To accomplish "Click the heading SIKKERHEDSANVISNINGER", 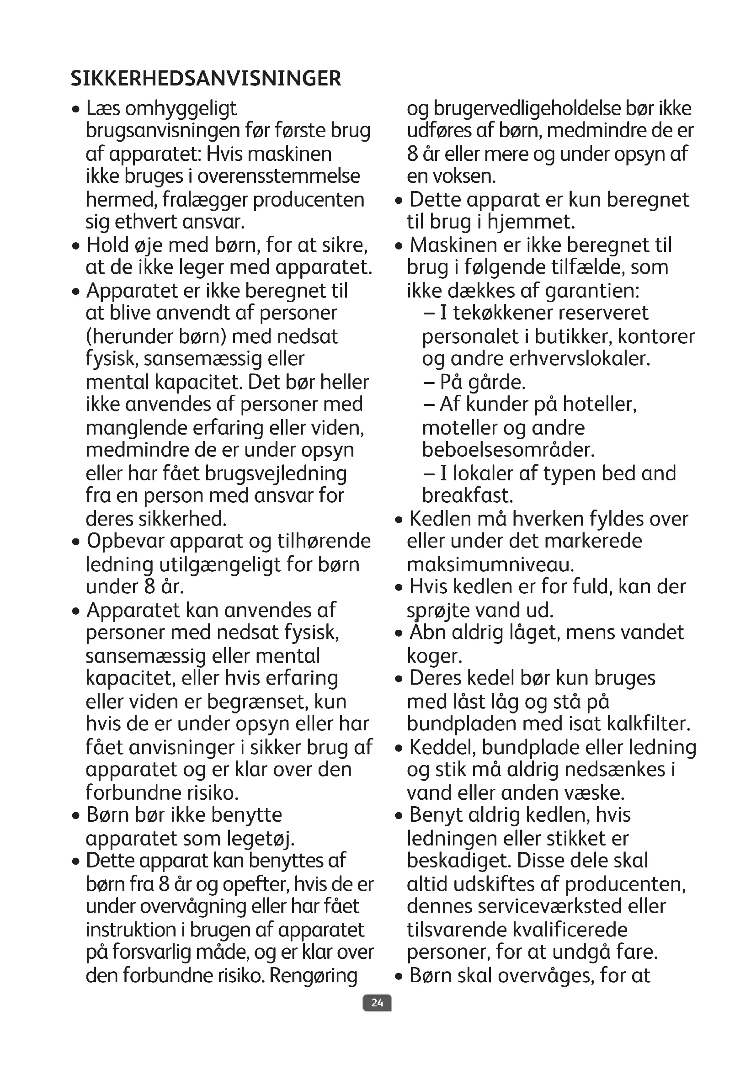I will pos(206,78).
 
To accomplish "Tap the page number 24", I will pos(377,1002).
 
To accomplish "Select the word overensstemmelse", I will pos(279,176).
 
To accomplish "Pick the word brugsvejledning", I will pos(276,473).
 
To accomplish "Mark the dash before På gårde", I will pos(429,382).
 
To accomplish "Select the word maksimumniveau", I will pos(490,564).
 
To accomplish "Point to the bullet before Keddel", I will pos(398,748).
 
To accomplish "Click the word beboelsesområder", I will pos(508,450).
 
